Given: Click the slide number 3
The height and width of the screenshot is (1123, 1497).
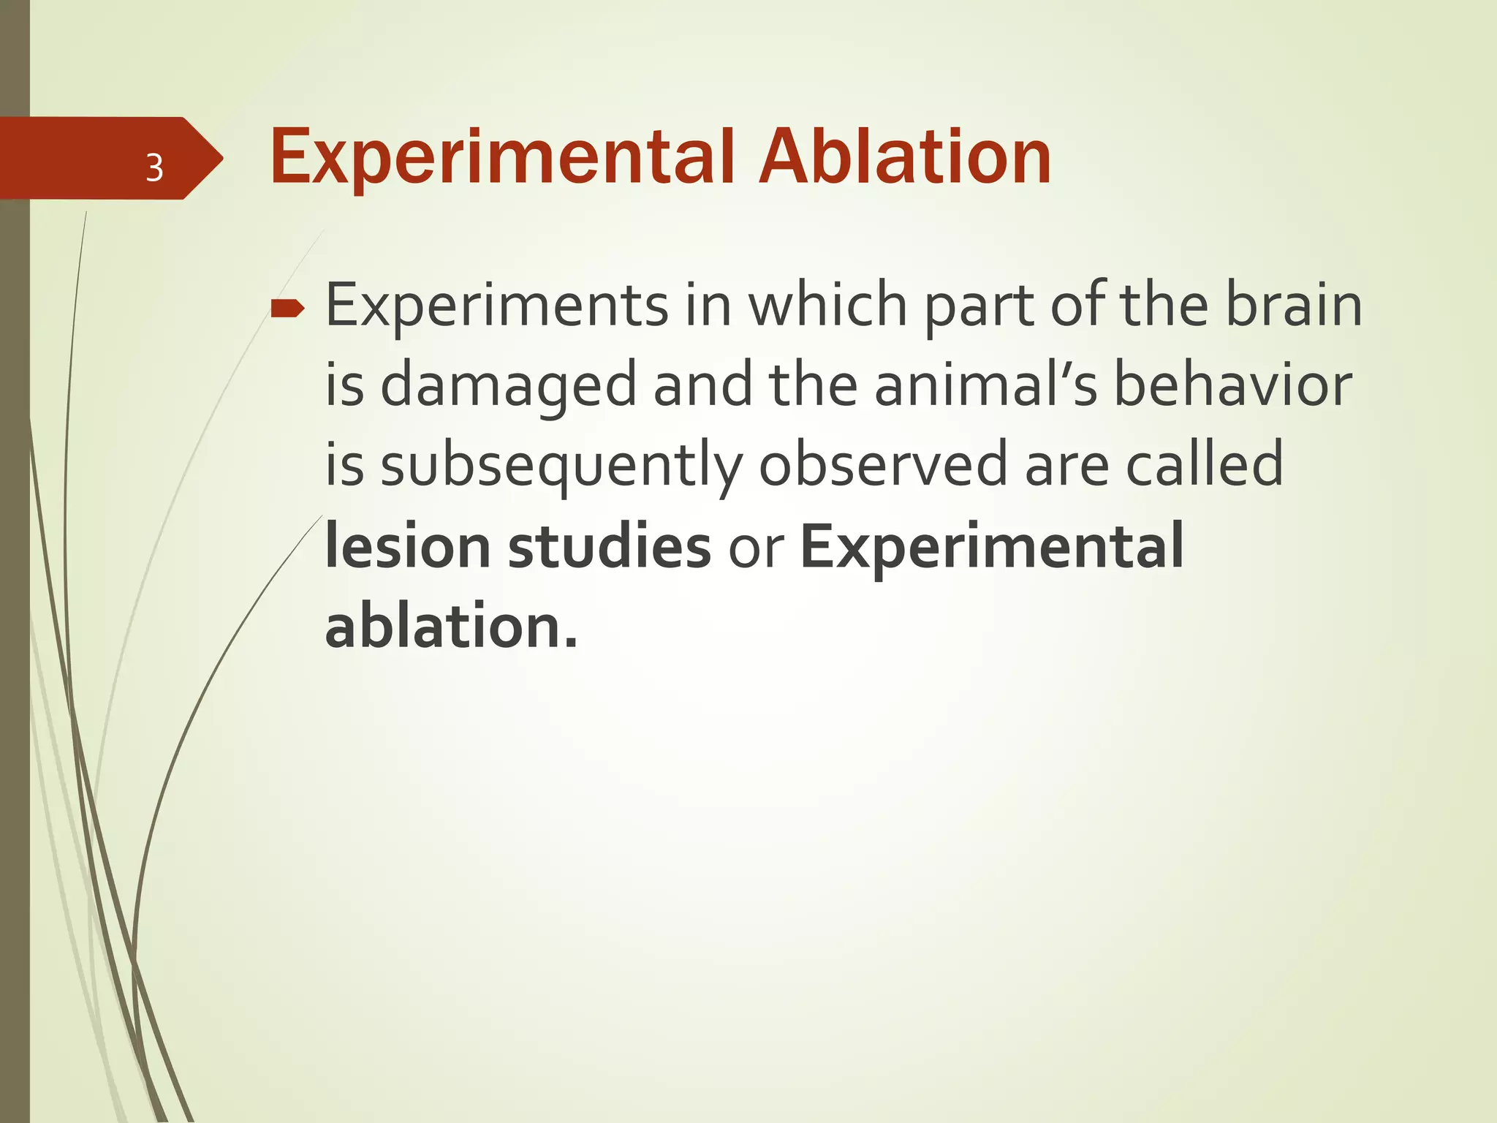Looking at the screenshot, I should click(x=154, y=168).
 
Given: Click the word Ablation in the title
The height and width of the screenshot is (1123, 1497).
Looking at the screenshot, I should click(x=905, y=157).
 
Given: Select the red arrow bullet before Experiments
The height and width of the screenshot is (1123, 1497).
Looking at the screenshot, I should click(x=287, y=309).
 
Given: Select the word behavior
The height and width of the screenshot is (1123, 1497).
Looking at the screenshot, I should click(x=1232, y=385).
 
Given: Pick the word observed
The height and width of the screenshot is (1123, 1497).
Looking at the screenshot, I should click(x=883, y=464).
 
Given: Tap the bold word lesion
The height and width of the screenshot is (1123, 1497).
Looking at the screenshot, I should click(x=407, y=547).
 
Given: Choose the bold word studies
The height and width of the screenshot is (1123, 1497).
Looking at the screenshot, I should click(x=609, y=547).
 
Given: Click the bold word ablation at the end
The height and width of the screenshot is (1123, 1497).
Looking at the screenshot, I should click(x=450, y=627).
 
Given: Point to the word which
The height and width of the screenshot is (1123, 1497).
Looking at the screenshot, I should click(x=827, y=305).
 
